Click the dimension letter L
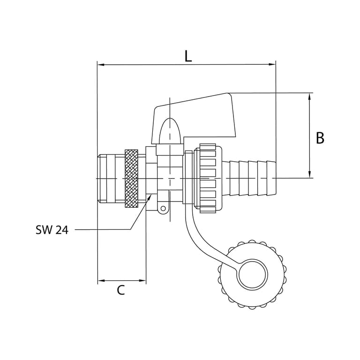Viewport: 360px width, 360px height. click(188, 56)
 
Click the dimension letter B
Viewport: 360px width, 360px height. click(320, 138)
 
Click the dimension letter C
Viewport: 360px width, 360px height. click(121, 290)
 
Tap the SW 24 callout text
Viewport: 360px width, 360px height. click(52, 230)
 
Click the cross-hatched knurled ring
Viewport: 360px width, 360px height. click(131, 179)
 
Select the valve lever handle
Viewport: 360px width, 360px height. click(194, 118)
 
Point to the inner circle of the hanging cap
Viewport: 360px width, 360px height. click(253, 274)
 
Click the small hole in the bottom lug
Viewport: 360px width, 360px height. click(163, 209)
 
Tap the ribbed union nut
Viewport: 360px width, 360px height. click(208, 179)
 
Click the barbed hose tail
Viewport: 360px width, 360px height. click(249, 179)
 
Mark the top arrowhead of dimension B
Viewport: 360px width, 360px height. click(309, 97)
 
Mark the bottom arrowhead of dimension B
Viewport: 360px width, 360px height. click(309, 174)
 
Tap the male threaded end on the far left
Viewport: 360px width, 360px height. click(112, 179)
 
